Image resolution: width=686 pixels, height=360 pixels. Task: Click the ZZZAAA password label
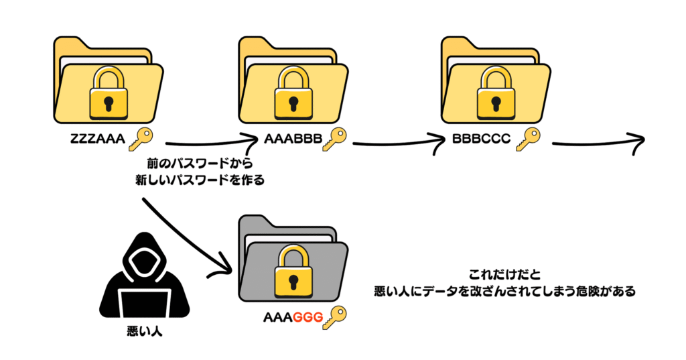click(x=96, y=141)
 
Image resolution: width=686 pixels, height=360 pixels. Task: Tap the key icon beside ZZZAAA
click(x=139, y=139)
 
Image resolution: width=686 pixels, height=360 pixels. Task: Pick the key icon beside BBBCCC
click(x=527, y=139)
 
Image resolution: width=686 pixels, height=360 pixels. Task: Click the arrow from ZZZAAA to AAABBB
click(x=208, y=143)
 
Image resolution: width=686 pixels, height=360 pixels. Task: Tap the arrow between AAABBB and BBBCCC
click(x=399, y=143)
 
